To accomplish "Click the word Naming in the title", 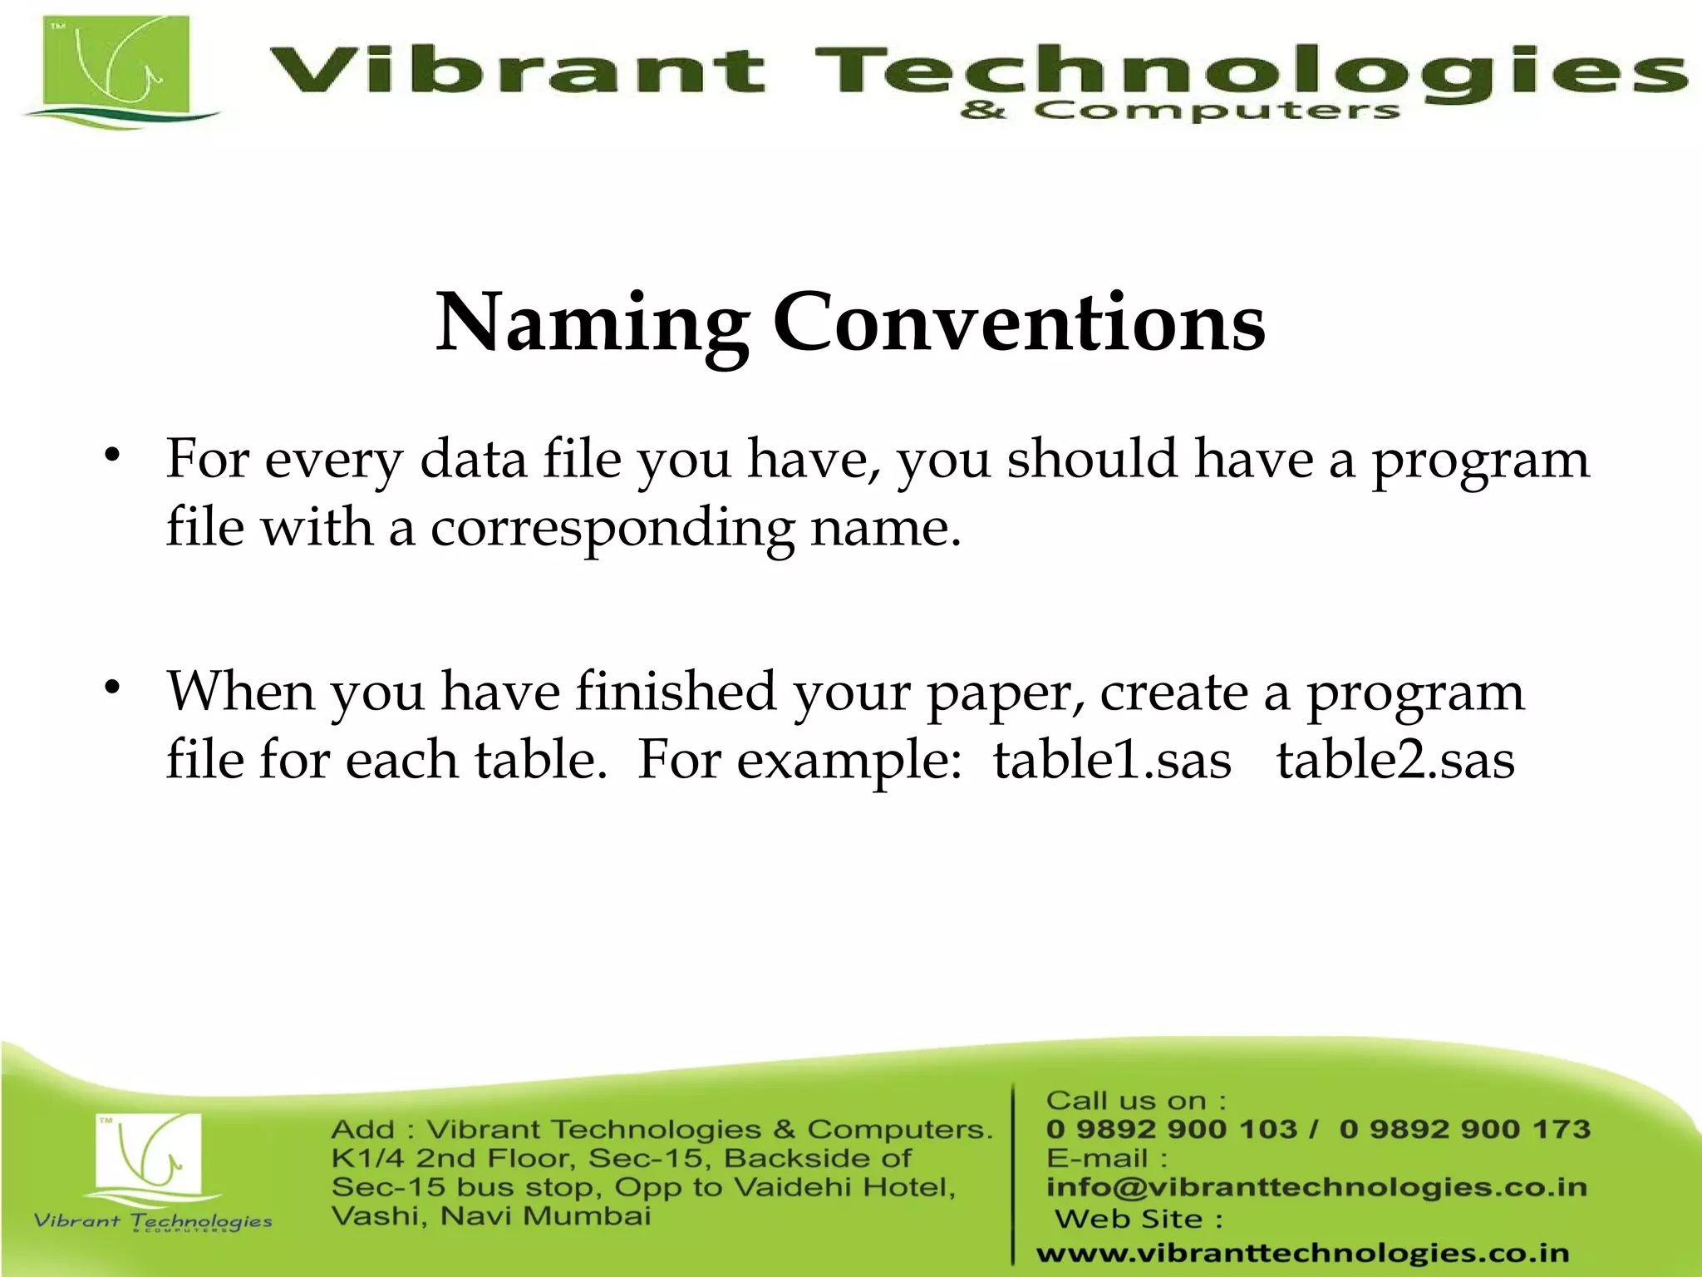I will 592,324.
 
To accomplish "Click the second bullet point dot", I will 112,687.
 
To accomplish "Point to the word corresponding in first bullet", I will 612,529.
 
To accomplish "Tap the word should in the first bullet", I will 1092,459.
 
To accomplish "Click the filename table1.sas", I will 1112,760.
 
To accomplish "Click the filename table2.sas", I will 1395,760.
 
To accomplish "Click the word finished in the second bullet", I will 676,692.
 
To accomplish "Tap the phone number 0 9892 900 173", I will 1464,1129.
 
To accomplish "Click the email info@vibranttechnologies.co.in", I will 1316,1187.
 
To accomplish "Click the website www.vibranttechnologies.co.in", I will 1302,1253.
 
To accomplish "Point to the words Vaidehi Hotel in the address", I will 844,1187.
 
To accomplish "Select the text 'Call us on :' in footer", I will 1135,1101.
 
